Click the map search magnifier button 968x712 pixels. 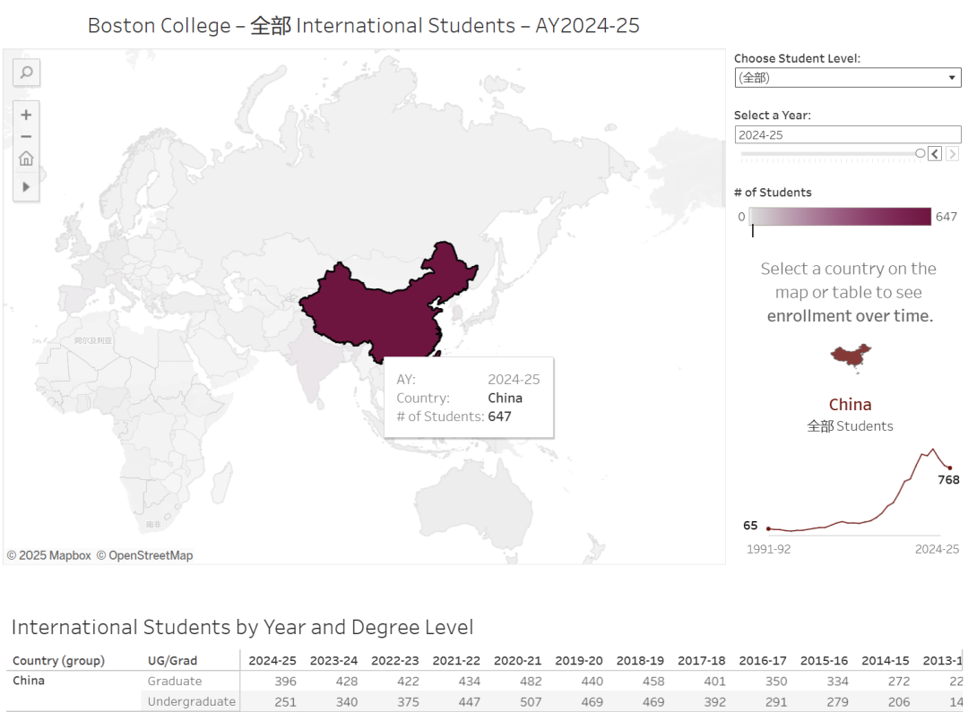click(x=27, y=73)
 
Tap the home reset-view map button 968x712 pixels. click(x=27, y=159)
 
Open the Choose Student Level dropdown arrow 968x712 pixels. click(x=952, y=78)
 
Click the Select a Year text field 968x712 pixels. click(x=847, y=135)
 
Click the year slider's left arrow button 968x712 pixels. click(x=934, y=154)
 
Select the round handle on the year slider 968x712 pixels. click(x=920, y=154)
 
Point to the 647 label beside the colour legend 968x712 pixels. click(x=946, y=217)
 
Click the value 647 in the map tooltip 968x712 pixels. click(x=499, y=416)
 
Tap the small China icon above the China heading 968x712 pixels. click(x=851, y=356)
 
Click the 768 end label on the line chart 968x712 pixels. click(x=948, y=480)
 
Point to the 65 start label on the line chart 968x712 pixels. click(x=750, y=526)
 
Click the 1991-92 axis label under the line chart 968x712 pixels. click(x=768, y=549)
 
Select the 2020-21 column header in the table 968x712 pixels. click(x=517, y=661)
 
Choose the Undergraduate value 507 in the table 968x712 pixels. click(x=530, y=702)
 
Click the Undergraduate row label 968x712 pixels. click(x=191, y=702)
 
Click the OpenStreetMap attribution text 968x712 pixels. click(x=144, y=555)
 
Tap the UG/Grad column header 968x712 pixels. click(x=173, y=661)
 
